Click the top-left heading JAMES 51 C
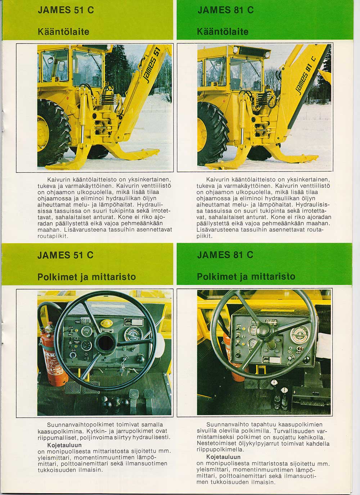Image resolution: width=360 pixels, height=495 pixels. [x=66, y=10]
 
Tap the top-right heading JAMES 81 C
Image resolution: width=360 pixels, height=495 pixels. [x=226, y=10]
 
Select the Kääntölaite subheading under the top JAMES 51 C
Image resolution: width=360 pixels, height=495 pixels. [x=63, y=32]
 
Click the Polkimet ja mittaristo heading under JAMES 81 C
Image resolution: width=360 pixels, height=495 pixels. [x=246, y=277]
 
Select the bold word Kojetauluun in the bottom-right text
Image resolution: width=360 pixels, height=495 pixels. [x=224, y=457]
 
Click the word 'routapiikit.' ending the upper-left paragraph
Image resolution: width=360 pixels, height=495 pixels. [x=53, y=236]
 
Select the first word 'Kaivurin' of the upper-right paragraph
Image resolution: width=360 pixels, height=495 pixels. [x=218, y=180]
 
